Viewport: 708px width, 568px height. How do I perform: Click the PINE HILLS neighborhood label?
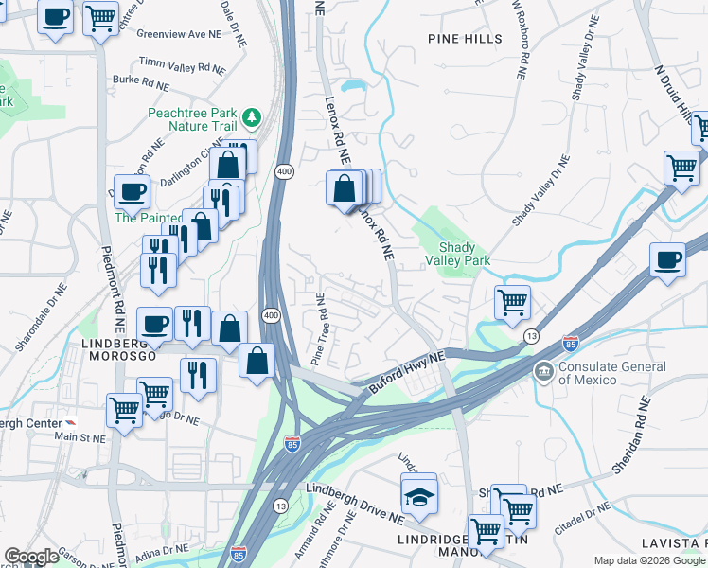point(465,38)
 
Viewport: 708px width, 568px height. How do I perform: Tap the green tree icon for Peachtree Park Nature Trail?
point(252,117)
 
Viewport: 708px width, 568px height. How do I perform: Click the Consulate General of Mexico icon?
point(544,370)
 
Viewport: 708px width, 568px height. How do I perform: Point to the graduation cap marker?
point(418,493)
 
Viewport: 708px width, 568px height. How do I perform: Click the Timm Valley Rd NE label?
point(182,64)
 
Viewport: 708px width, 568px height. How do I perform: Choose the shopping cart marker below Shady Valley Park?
point(512,303)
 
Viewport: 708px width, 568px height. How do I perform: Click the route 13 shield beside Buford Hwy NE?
point(531,337)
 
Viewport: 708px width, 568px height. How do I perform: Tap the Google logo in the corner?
point(31,557)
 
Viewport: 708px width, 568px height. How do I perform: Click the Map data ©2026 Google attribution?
point(649,560)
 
